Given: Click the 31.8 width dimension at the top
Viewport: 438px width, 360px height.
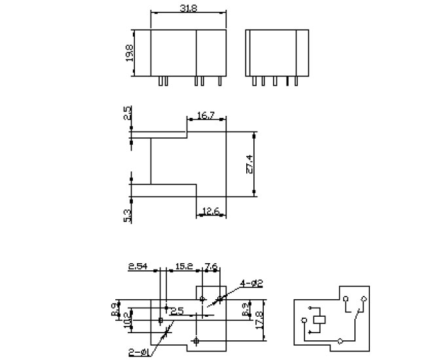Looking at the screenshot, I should [x=189, y=7].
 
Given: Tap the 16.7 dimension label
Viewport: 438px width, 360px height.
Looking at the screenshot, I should [x=206, y=116].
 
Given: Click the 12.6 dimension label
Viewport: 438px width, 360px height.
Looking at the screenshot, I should [x=211, y=211].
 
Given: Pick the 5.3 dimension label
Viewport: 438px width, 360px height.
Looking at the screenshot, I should [x=128, y=214].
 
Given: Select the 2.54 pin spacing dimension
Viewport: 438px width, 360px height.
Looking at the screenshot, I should [x=139, y=267].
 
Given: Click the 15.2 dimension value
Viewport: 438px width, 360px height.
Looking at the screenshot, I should [x=184, y=267].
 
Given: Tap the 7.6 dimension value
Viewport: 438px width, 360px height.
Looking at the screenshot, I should [x=212, y=267].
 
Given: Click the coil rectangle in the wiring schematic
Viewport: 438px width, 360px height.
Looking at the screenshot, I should [x=319, y=320].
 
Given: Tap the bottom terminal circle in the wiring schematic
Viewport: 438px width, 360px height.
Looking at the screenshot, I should [x=340, y=341].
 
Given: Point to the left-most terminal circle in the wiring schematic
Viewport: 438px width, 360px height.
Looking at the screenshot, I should [x=304, y=320].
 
